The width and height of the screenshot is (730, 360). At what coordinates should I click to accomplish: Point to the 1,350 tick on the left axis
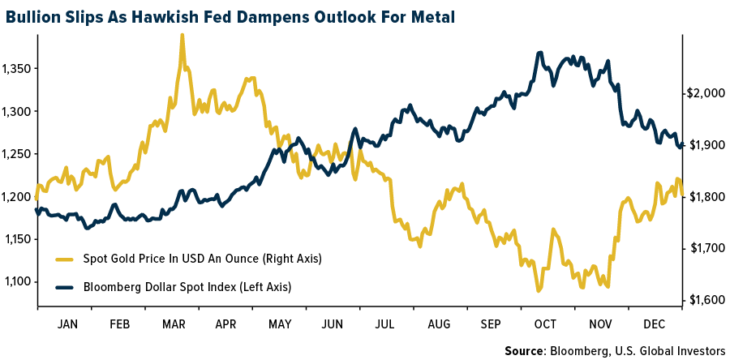[x=16, y=69]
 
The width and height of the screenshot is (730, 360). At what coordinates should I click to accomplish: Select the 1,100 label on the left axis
[x=16, y=281]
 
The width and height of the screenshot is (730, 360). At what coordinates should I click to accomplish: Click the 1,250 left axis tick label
[x=16, y=154]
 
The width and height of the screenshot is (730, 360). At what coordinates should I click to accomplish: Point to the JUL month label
[x=386, y=324]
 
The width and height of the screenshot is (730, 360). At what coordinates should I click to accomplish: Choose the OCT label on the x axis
[x=546, y=324]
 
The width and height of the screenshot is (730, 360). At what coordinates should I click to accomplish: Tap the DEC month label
[x=654, y=324]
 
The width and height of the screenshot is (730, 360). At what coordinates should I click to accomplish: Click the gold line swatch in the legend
[x=65, y=259]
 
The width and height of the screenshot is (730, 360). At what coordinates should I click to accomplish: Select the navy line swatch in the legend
[x=65, y=287]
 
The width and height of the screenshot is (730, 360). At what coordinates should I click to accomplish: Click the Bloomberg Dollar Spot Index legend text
[x=187, y=287]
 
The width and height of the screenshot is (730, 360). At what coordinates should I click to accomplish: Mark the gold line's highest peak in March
[x=182, y=35]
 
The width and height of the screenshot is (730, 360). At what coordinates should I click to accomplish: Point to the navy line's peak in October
[x=540, y=53]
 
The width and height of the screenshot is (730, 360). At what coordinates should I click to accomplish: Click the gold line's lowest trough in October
[x=538, y=290]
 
